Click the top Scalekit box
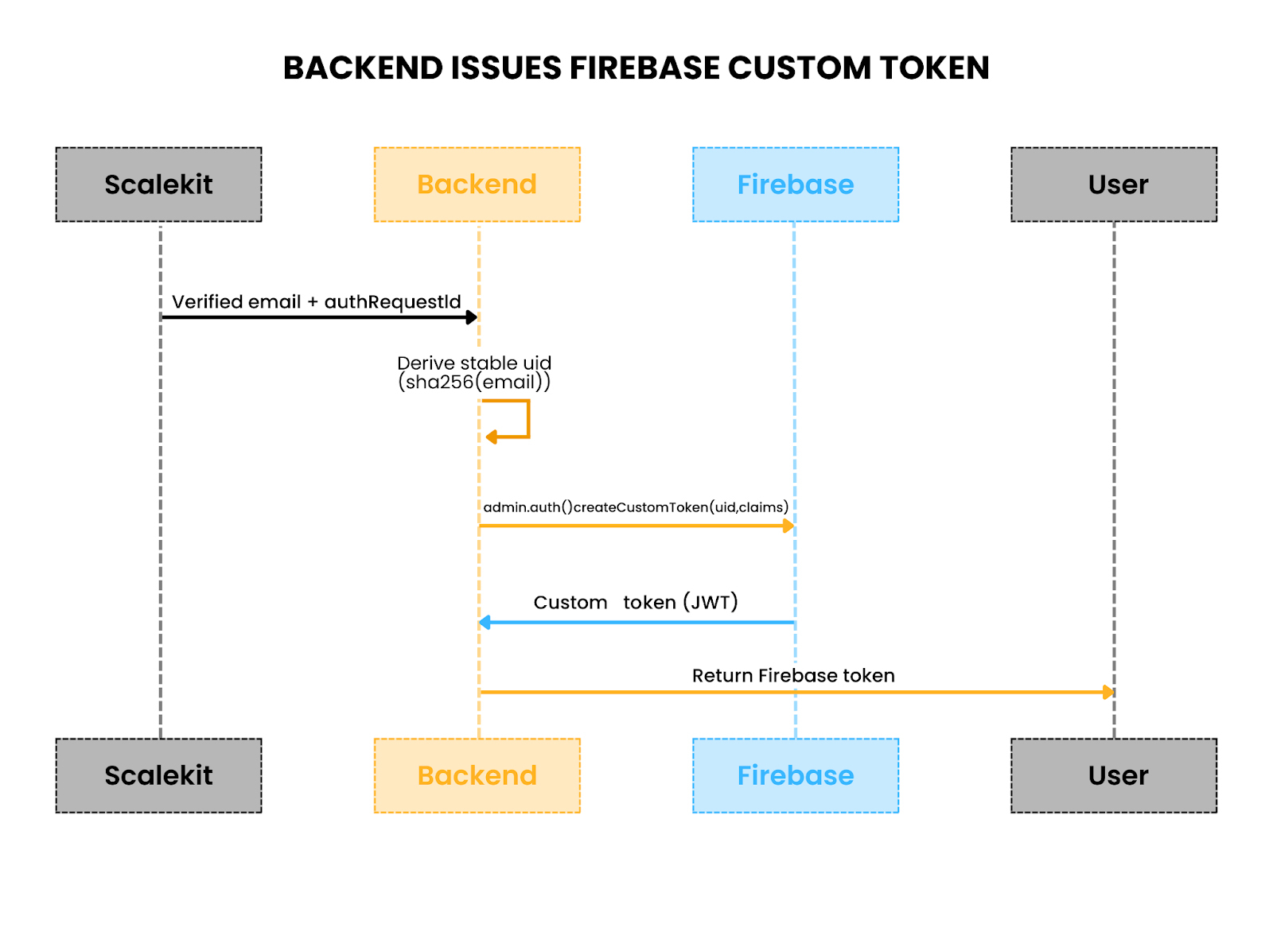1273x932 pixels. click(158, 184)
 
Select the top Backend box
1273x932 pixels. click(477, 184)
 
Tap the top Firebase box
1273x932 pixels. click(795, 184)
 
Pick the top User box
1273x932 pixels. click(1113, 184)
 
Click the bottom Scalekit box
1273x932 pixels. click(158, 775)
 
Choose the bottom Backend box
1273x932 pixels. click(477, 775)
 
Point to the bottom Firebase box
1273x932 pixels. click(795, 775)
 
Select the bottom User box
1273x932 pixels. click(1113, 775)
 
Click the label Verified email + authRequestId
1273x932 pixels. click(316, 302)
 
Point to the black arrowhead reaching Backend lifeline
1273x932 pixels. click(472, 317)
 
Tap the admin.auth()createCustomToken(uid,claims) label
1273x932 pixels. click(636, 507)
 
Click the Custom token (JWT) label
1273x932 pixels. click(636, 602)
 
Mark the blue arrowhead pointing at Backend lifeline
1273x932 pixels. click(485, 622)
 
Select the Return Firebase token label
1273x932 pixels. click(793, 676)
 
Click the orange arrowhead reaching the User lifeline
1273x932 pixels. click(1108, 692)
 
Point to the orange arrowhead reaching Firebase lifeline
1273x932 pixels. click(788, 526)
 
